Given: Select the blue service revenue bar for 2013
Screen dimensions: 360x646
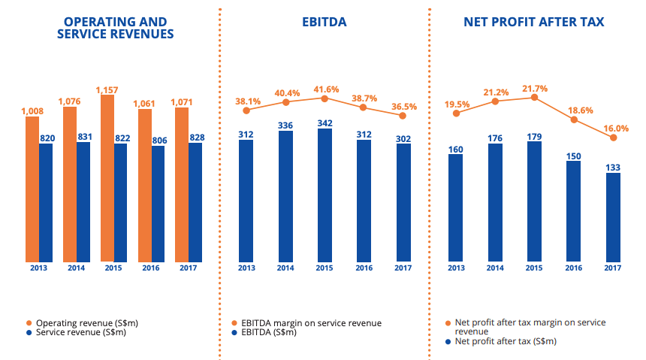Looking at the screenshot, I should [x=47, y=203].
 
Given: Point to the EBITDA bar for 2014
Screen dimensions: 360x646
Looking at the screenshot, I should [x=285, y=196].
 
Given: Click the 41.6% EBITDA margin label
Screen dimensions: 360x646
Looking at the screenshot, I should [x=325, y=87].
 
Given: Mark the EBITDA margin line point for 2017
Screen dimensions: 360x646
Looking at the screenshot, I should [x=403, y=116].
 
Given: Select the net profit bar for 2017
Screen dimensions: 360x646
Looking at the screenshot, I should [x=613, y=217].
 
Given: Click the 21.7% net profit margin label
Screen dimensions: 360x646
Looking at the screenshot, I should [x=534, y=87].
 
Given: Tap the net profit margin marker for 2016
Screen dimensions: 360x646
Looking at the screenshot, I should [x=574, y=119].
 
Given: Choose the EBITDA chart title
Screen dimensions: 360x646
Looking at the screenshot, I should [x=325, y=23].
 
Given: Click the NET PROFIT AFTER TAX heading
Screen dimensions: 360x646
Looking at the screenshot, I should [x=534, y=23].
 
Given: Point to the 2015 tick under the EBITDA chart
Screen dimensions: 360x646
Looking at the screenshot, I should [x=325, y=268].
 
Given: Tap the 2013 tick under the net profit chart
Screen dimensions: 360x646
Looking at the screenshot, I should [x=456, y=268].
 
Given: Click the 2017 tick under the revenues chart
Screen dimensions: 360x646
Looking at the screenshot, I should [x=189, y=268].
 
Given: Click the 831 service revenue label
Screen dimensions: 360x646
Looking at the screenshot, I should [x=84, y=136].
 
